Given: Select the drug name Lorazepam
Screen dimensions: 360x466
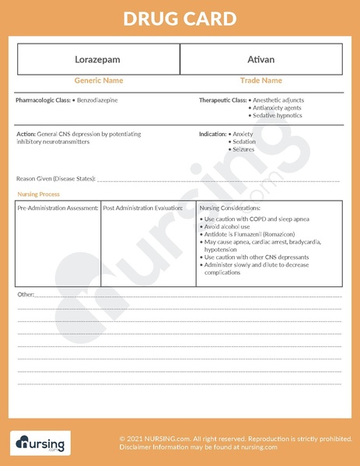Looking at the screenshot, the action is (98, 59).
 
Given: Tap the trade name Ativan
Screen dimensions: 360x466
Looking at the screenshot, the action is (260, 59).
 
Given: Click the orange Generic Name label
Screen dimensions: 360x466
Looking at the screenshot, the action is (98, 81).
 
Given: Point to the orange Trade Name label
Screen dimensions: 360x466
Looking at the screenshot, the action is (260, 81).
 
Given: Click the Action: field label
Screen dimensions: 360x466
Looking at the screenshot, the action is (26, 135).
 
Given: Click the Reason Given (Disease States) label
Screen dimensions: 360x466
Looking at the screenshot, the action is (55, 179).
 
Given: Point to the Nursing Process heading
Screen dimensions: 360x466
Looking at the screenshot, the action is (38, 194).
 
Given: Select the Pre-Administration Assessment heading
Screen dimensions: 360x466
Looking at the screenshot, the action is (58, 208).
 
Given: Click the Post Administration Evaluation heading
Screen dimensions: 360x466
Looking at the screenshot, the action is (143, 208).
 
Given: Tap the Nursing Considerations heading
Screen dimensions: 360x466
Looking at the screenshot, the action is (230, 208).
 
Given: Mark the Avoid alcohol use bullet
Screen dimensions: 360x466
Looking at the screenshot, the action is (228, 226).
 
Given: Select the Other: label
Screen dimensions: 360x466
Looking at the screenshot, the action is (26, 295).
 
